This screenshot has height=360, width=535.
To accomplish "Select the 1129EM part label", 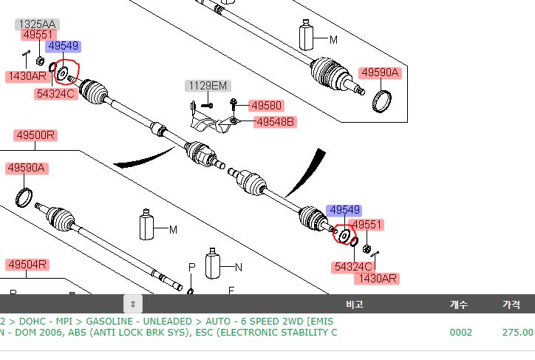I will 206,86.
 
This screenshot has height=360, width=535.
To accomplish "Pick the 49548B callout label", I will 275,122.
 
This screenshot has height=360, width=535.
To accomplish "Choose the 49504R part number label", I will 27,265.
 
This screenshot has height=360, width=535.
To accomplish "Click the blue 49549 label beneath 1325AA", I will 64,47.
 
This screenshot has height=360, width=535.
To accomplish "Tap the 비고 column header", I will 355,304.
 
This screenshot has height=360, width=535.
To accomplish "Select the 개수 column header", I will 459,304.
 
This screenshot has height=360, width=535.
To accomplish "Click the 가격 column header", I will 511,304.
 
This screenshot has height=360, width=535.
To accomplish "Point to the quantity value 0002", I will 460,333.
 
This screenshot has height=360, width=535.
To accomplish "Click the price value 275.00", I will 517,333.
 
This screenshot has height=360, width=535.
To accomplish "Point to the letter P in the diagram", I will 191,266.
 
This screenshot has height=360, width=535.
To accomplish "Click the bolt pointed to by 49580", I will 234,102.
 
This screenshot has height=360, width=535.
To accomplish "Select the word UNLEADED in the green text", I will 170,322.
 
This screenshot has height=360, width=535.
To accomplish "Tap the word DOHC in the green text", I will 33,322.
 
